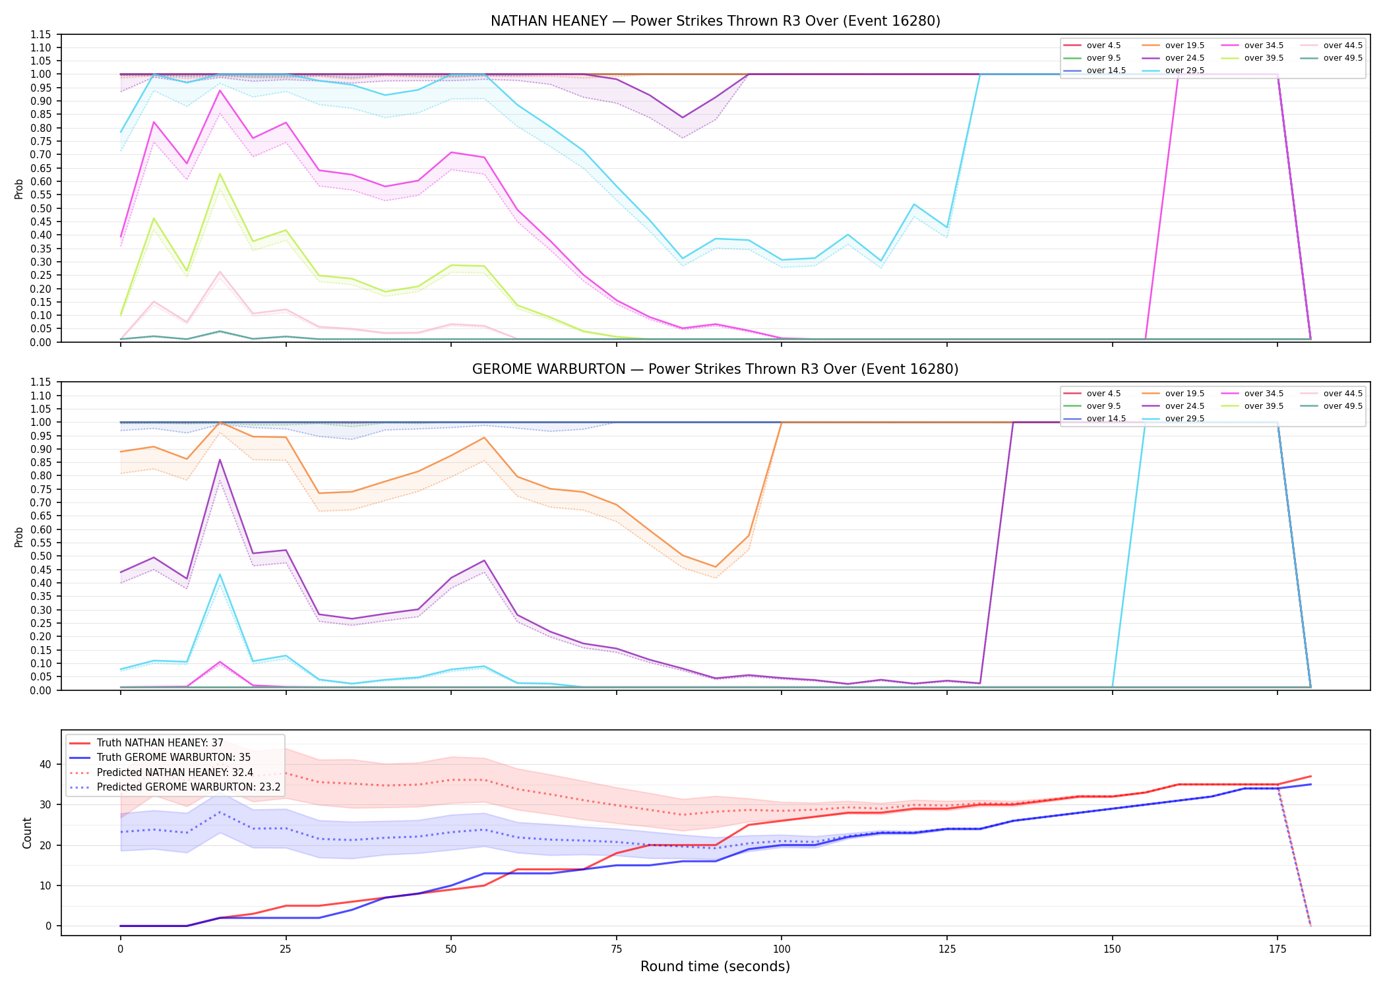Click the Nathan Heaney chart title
pyautogui.click(x=715, y=21)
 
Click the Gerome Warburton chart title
pyautogui.click(x=715, y=369)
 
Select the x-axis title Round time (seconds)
pyautogui.click(x=715, y=967)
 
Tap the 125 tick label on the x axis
pyautogui.click(x=947, y=949)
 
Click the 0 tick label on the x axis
pyautogui.click(x=120, y=949)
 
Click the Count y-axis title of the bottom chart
pyautogui.click(x=27, y=833)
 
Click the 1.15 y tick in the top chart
pyautogui.click(x=40, y=34)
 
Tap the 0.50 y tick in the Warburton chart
pyautogui.click(x=40, y=556)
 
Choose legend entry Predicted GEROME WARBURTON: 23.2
pyautogui.click(x=175, y=787)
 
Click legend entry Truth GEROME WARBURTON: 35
pyautogui.click(x=160, y=758)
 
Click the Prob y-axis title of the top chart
pyautogui.click(x=19, y=189)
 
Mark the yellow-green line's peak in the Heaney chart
pyautogui.click(x=220, y=174)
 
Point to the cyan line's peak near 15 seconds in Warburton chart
pyautogui.click(x=220, y=574)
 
